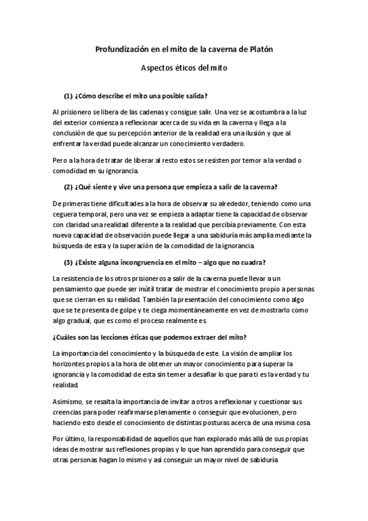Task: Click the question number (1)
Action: coord(68,96)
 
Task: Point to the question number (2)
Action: coord(68,187)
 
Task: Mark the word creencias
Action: coord(69,412)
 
